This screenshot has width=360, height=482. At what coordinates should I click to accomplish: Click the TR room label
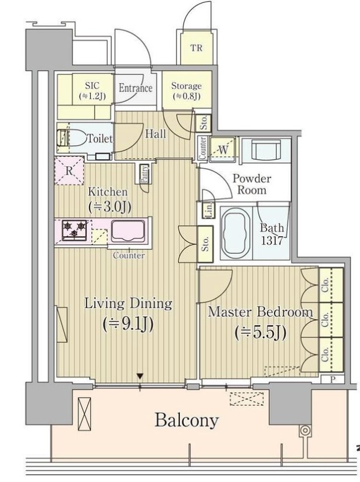(196, 48)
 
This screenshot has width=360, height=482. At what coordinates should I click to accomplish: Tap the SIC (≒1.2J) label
(92, 91)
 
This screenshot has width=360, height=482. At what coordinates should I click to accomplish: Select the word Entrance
(135, 88)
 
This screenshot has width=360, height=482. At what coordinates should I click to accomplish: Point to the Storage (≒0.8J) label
(187, 91)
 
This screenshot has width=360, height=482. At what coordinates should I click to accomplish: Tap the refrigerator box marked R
(69, 171)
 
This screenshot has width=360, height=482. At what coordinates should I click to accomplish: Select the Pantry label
(144, 174)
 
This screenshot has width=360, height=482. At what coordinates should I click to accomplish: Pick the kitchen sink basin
(128, 231)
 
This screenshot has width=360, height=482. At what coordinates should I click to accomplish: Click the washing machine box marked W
(223, 149)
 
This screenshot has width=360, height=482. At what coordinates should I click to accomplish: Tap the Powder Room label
(252, 184)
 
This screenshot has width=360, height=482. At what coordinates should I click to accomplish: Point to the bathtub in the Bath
(236, 233)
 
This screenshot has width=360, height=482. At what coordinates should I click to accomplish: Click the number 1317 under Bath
(272, 240)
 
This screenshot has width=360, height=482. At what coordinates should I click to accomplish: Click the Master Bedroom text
(261, 312)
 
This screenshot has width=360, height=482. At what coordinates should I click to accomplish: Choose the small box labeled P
(332, 380)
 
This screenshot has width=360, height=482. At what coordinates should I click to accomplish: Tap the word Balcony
(187, 420)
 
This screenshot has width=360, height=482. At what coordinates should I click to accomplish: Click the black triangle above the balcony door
(140, 376)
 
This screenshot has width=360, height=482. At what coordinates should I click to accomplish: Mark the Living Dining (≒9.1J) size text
(128, 324)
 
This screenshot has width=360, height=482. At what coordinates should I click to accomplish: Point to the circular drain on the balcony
(305, 430)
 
